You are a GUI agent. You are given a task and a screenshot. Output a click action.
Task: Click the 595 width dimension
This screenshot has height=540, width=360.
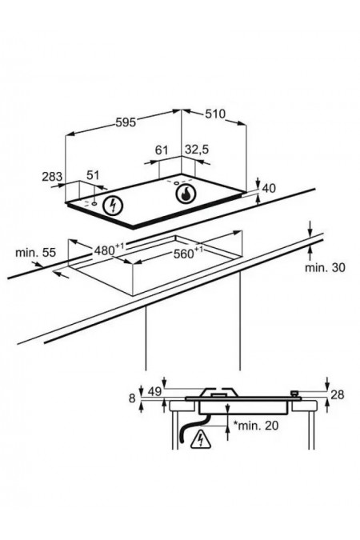point(126,122)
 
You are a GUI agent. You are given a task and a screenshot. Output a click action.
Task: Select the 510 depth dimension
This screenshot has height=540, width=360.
point(215,114)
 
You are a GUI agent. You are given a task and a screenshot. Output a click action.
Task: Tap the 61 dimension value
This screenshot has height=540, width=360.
point(162,150)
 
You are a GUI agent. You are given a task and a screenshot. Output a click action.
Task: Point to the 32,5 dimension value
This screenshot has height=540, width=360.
point(197,150)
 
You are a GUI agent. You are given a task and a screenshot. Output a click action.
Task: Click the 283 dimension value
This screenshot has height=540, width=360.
point(52,177)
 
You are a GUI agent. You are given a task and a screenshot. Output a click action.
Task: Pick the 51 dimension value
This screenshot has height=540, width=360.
point(93,175)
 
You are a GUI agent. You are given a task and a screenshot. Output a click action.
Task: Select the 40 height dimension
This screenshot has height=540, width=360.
point(269,188)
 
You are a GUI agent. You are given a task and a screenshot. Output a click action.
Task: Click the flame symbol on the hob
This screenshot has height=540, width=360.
point(186,194)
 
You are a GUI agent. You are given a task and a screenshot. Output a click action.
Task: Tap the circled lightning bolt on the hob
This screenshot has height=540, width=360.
point(114,206)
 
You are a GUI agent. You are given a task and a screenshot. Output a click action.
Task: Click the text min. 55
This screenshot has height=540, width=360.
point(35,253)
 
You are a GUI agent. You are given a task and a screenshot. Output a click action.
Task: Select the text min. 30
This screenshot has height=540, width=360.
point(325,267)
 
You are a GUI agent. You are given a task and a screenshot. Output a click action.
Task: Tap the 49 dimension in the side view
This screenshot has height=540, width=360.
point(154,392)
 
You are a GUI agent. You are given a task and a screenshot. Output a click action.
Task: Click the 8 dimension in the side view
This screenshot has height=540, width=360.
point(133,398)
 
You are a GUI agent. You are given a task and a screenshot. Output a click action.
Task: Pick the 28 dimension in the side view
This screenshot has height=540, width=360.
point(338,394)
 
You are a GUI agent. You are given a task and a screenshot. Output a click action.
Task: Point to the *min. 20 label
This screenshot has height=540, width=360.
point(256,426)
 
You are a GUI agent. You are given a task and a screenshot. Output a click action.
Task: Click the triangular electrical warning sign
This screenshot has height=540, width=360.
point(200,438)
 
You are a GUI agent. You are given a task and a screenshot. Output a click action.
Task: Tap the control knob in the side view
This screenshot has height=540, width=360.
point(294,394)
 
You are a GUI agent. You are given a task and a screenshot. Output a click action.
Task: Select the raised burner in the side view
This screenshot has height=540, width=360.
point(220,392)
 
